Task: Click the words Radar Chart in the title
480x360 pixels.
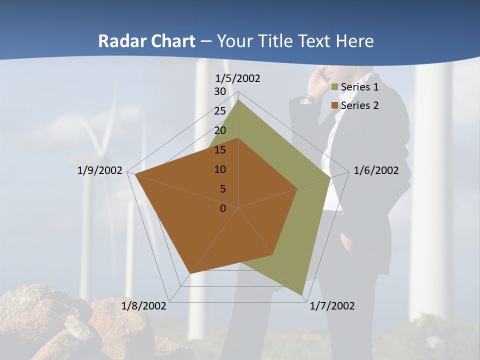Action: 146,41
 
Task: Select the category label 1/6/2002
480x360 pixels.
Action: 376,170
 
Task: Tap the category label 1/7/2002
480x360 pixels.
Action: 332,306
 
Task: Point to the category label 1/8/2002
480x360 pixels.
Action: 144,306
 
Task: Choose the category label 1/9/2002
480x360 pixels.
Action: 100,170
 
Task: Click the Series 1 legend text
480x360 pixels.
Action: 359,87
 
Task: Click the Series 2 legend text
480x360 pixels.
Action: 359,105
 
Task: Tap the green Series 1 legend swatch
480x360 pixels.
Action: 335,87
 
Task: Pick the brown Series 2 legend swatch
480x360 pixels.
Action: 335,106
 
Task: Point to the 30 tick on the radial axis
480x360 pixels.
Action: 220,91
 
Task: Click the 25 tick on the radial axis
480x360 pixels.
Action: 220,111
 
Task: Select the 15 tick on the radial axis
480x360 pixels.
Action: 220,150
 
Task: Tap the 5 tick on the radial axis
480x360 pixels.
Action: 222,189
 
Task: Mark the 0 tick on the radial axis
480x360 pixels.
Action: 223,208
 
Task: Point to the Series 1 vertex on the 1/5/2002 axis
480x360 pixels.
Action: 238,100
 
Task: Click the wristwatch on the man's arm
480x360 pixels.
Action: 311,98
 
